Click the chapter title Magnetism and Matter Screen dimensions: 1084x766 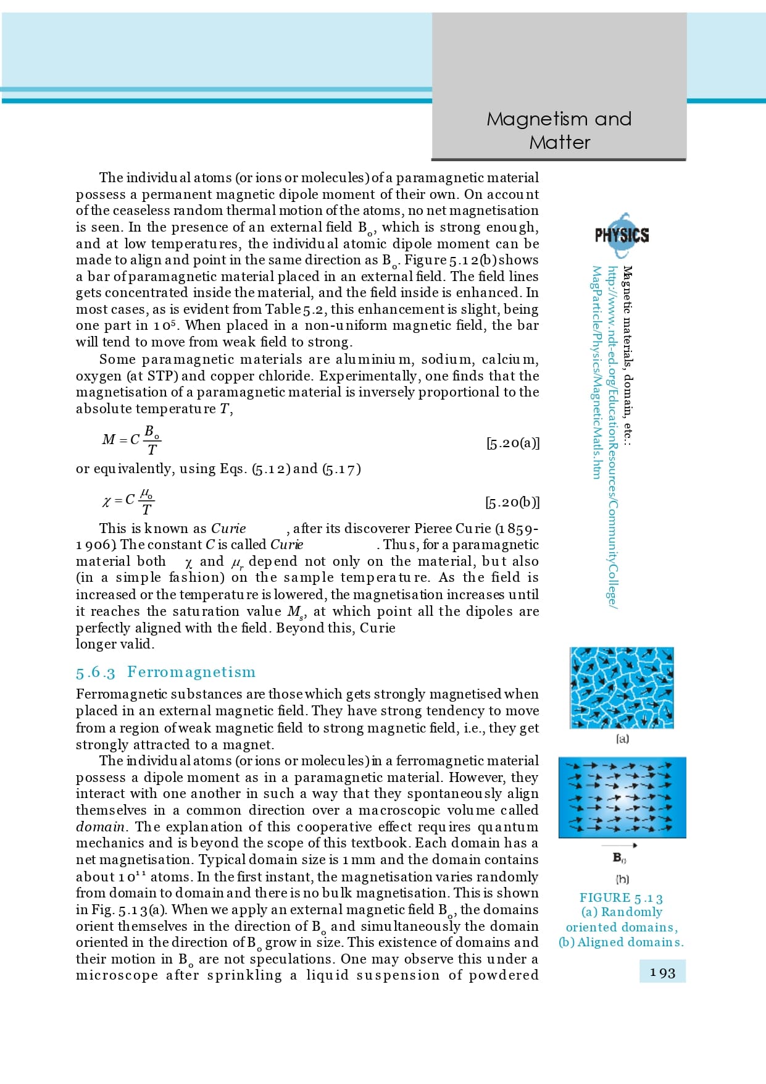pos(559,130)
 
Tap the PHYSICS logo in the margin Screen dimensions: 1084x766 pos(622,235)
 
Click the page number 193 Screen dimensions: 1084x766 pos(662,973)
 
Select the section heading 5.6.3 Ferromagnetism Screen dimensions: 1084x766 pos(165,672)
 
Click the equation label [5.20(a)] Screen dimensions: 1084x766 pos(512,443)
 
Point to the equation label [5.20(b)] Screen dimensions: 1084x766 pos(512,502)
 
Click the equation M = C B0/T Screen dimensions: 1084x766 pos(131,439)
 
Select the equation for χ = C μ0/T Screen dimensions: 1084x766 pos(128,500)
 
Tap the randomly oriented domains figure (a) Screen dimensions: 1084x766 pos(622,687)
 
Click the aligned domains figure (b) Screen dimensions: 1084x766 pos(622,797)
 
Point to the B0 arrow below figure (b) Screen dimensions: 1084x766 pos(619,845)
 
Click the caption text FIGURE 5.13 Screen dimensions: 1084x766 pos(621,898)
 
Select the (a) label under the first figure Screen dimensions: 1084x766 pos(622,739)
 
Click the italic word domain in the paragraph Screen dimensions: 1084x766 pos(99,826)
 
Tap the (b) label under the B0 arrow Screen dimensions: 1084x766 pos(622,879)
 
